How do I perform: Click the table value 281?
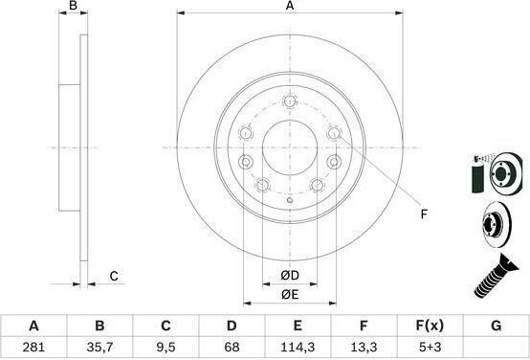[x=33, y=347]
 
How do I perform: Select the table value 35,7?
[x=99, y=347]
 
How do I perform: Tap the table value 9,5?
[x=166, y=347]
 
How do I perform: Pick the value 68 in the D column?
[x=232, y=347]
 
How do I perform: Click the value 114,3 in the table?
[x=298, y=347]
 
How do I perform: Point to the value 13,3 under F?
[x=364, y=347]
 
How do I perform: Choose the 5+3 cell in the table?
[x=430, y=347]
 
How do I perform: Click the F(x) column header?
[x=430, y=326]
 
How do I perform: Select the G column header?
[x=496, y=326]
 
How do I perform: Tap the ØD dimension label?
[x=290, y=276]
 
